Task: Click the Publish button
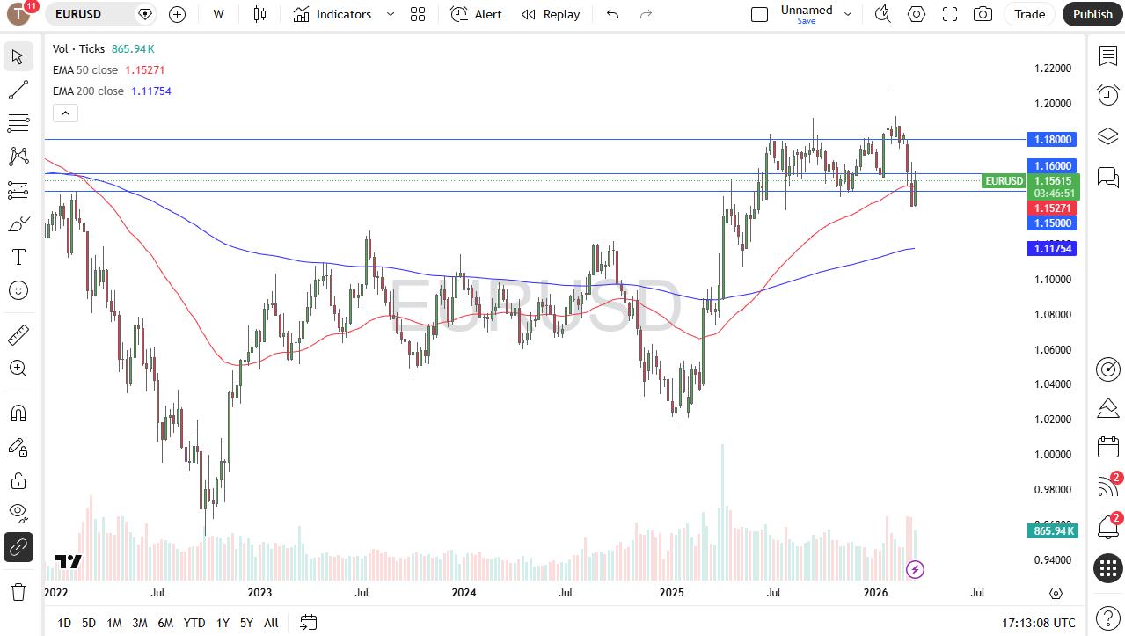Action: [x=1092, y=14]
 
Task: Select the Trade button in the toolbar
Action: [x=1029, y=14]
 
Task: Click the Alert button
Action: [x=477, y=14]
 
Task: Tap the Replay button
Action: [x=551, y=14]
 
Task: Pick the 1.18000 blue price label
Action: [x=1052, y=140]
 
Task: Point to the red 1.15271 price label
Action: [x=1052, y=208]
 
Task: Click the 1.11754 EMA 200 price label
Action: [x=1052, y=249]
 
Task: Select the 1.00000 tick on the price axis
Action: [x=1052, y=455]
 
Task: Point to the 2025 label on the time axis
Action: [x=671, y=593]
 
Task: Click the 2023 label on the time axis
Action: [x=259, y=593]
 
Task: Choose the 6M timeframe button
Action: [x=165, y=623]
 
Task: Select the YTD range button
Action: [x=194, y=623]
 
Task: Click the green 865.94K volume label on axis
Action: [x=1052, y=530]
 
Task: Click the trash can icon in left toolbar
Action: [x=18, y=591]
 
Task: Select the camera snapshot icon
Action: [x=983, y=14]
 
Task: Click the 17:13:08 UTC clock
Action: [x=1038, y=623]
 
